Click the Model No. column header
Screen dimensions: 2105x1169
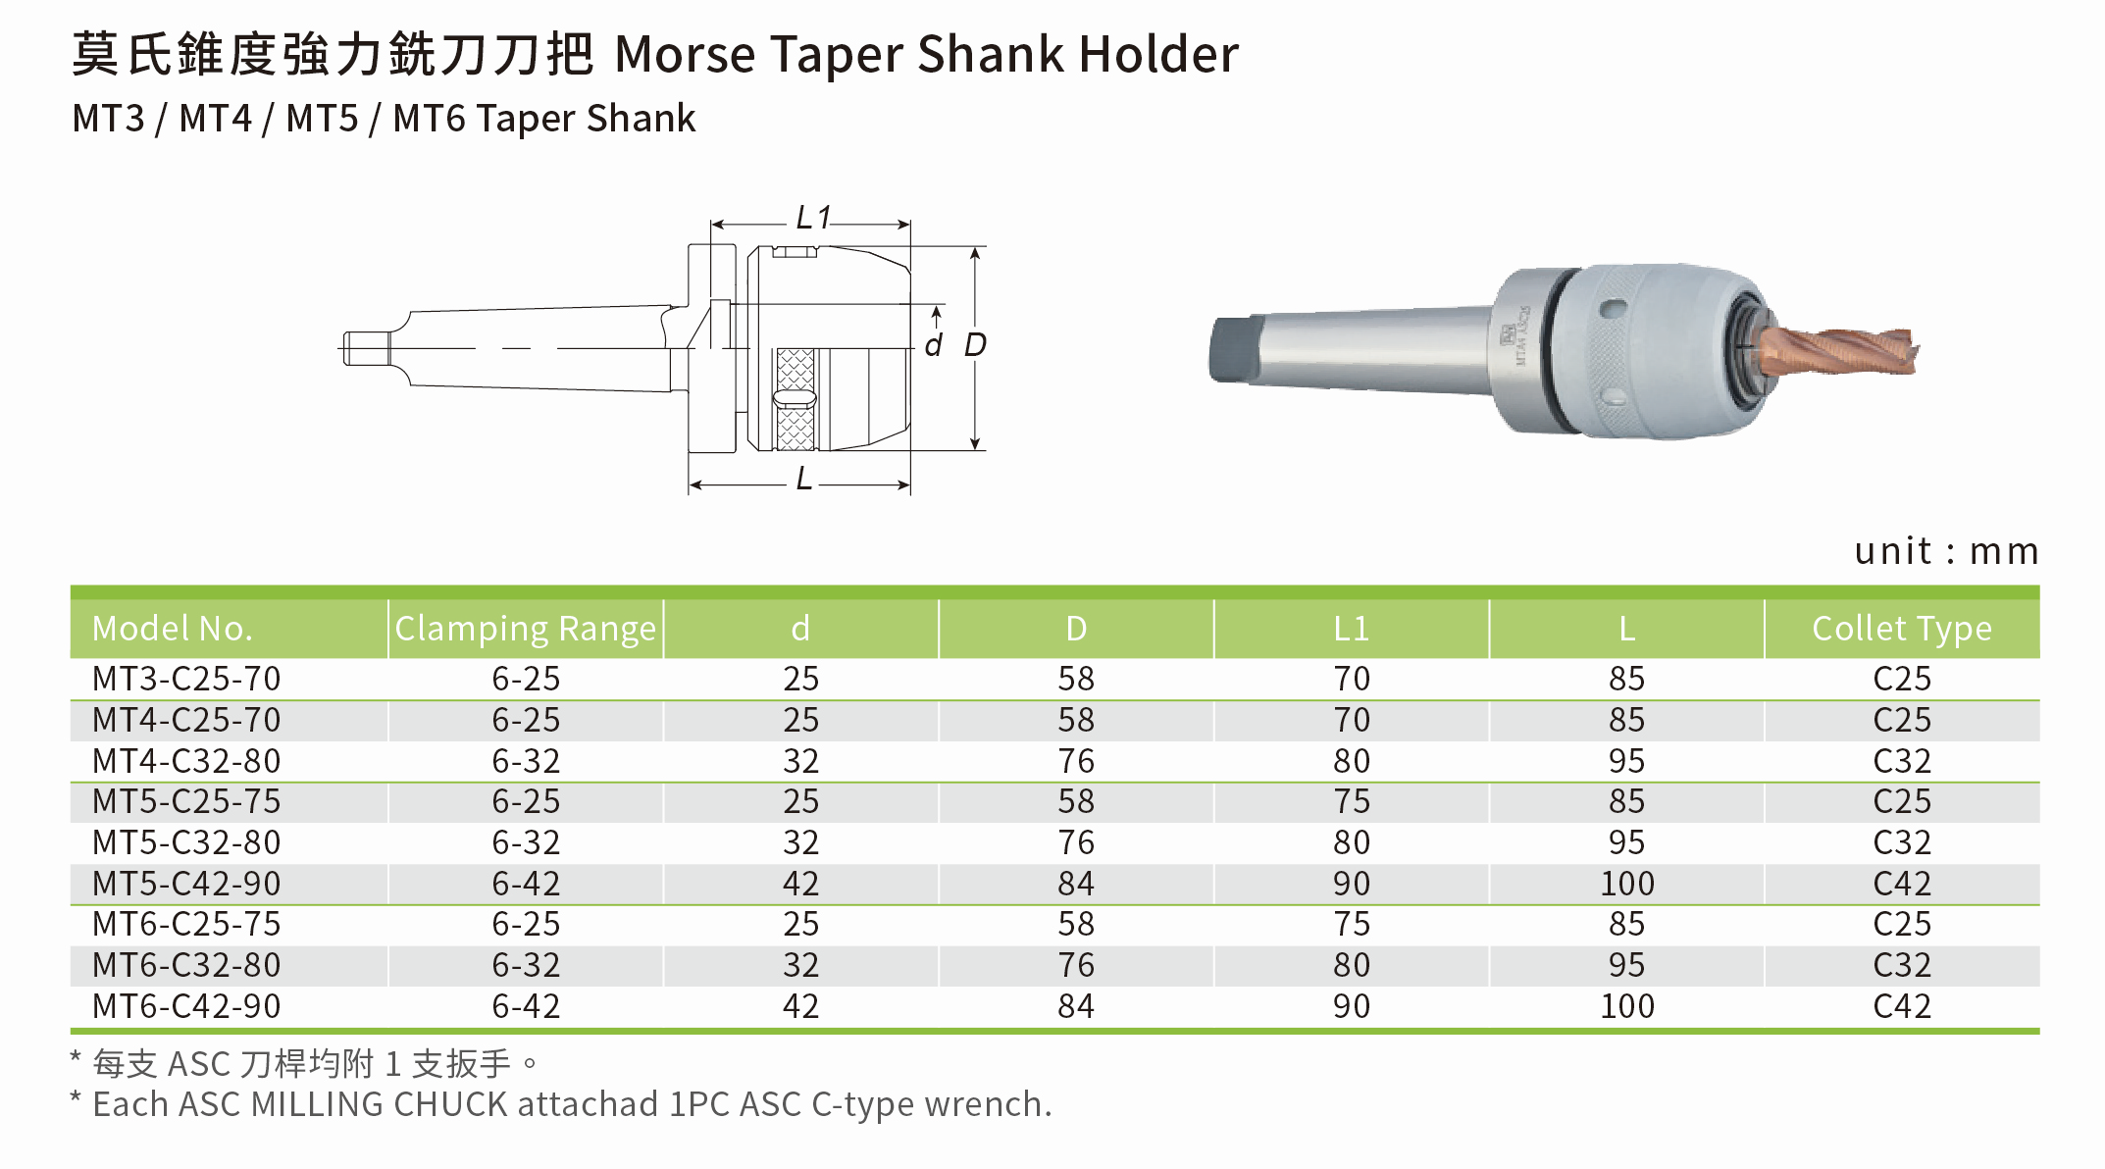[173, 629]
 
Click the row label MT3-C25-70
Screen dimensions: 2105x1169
[186, 679]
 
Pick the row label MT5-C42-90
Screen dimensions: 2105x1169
[186, 884]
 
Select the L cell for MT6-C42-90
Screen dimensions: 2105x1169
[1627, 1006]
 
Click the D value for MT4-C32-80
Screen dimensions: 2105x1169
[1076, 761]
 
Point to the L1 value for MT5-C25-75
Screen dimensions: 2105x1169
[1352, 802]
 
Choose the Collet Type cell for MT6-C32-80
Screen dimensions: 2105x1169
[1902, 965]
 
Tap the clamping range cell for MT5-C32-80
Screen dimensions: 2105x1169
[526, 842]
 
